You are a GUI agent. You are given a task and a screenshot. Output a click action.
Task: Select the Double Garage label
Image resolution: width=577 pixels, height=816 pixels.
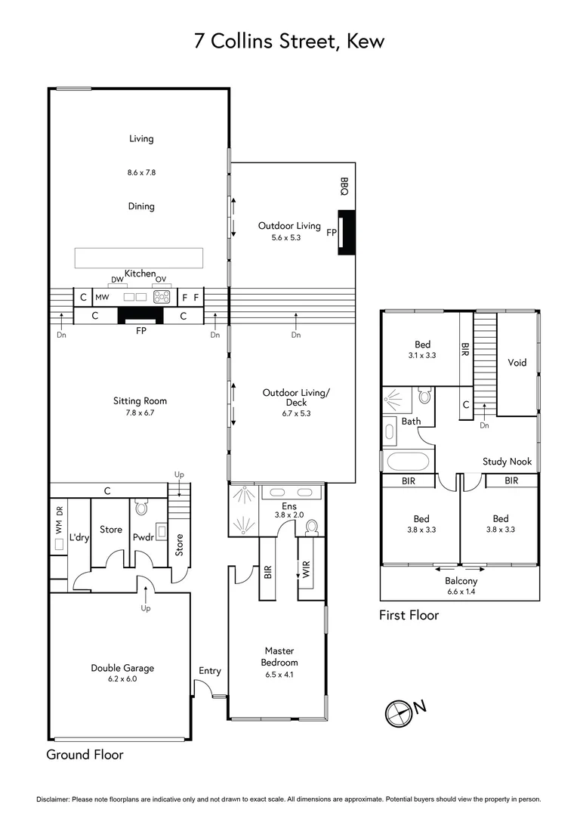pyautogui.click(x=122, y=668)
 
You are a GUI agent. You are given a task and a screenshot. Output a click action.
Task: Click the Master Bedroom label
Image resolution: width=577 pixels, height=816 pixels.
pyautogui.click(x=279, y=656)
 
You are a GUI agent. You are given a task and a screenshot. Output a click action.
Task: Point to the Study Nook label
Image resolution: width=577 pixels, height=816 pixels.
pyautogui.click(x=507, y=462)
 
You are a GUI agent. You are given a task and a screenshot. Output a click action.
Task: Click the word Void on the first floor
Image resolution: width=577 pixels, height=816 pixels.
pyautogui.click(x=517, y=363)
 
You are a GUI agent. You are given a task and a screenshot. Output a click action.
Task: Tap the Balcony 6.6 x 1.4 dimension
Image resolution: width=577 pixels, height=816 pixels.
pyautogui.click(x=461, y=591)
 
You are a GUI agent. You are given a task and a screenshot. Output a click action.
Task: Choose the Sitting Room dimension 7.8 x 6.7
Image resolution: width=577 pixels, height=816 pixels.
pyautogui.click(x=140, y=413)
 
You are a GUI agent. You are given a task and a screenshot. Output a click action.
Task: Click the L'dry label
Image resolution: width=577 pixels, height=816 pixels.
pyautogui.click(x=79, y=536)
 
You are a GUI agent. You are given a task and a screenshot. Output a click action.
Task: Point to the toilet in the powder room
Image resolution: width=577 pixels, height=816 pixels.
pyautogui.click(x=141, y=506)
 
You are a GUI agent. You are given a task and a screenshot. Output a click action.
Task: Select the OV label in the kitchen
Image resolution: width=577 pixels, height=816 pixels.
pyautogui.click(x=160, y=280)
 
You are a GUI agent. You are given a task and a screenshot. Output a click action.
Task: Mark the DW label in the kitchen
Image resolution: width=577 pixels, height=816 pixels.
pyautogui.click(x=117, y=280)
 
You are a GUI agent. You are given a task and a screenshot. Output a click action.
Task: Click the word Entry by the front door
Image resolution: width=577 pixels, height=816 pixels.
pyautogui.click(x=210, y=671)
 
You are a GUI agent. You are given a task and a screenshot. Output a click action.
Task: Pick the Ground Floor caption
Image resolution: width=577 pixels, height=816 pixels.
pyautogui.click(x=85, y=754)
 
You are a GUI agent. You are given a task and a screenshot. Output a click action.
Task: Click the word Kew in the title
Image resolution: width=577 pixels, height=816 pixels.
pyautogui.click(x=366, y=42)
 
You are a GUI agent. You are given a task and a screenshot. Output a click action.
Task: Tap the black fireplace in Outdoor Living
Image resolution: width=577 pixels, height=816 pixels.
pyautogui.click(x=347, y=235)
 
